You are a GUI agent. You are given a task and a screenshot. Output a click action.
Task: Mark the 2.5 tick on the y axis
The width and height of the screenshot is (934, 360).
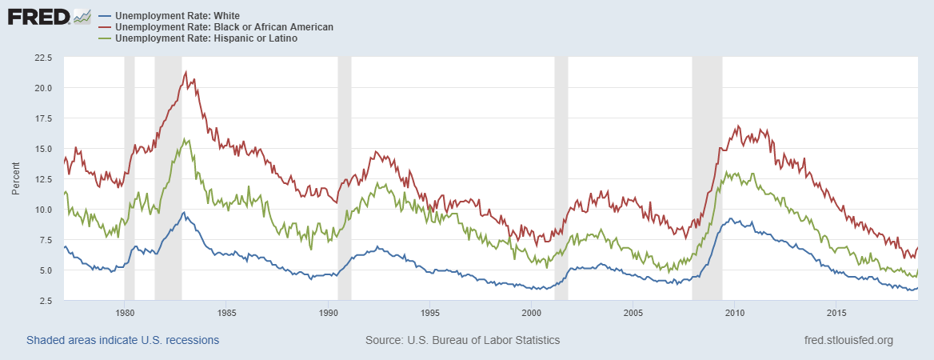pos(45,301)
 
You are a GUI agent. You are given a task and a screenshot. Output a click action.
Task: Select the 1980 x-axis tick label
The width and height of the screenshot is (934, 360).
pos(125,312)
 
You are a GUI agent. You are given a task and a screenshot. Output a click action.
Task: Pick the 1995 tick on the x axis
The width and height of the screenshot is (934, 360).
pos(430,312)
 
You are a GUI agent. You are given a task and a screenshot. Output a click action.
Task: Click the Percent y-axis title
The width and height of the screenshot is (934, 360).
pos(16,179)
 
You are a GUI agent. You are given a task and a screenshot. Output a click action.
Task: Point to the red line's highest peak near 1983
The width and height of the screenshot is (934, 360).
pos(186,72)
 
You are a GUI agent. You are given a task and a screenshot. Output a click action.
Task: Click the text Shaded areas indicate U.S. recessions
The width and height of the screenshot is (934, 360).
pos(122,340)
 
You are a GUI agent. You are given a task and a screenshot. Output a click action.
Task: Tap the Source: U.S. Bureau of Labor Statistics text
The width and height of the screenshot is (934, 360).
pos(462,340)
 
